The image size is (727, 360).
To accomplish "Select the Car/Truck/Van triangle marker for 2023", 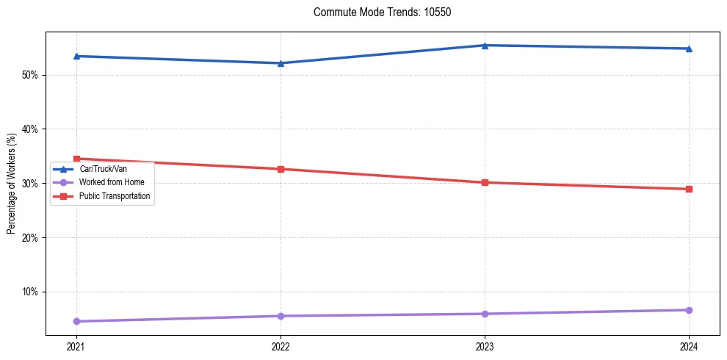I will (x=485, y=46).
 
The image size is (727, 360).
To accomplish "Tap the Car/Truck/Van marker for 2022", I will (x=281, y=63).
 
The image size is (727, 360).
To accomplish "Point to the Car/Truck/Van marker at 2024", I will (x=689, y=48).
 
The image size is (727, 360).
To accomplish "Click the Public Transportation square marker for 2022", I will (x=281, y=169).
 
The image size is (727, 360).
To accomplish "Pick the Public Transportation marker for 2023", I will (x=485, y=182).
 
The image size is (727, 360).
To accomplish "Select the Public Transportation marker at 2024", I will (x=689, y=189).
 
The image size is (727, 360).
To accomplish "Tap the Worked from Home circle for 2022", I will (x=281, y=316).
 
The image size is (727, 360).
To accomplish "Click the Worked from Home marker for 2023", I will (x=485, y=314).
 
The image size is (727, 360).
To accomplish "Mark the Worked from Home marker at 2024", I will (x=689, y=310).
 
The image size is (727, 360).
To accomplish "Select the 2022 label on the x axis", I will (x=281, y=347).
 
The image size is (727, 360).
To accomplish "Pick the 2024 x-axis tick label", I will (x=689, y=347).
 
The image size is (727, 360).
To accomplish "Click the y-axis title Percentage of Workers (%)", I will (x=11, y=184).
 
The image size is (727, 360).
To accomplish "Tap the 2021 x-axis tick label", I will (x=76, y=347).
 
